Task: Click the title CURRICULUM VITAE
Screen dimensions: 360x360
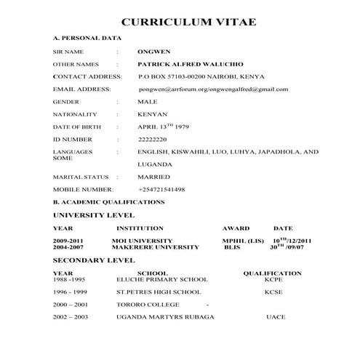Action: pos(188,22)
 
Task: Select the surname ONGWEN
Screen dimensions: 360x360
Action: pos(153,52)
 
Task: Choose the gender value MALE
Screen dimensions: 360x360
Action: pos(148,102)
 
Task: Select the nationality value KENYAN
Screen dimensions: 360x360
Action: pos(153,114)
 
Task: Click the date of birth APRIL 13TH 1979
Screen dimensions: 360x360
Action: pos(163,127)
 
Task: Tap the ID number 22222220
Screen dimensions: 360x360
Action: pos(153,139)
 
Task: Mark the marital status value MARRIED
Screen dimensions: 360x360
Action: pos(153,177)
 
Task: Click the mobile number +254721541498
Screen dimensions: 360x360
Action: pos(161,189)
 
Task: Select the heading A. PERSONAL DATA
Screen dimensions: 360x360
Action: pos(87,37)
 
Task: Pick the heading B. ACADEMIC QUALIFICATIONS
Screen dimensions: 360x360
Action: pos(109,201)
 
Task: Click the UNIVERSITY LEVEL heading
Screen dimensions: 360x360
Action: pos(94,215)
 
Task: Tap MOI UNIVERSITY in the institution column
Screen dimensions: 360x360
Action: pos(143,241)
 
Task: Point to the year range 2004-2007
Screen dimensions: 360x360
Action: pos(68,247)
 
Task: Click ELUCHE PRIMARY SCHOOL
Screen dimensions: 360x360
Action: pos(162,279)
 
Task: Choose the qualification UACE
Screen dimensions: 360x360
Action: pos(276,317)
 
